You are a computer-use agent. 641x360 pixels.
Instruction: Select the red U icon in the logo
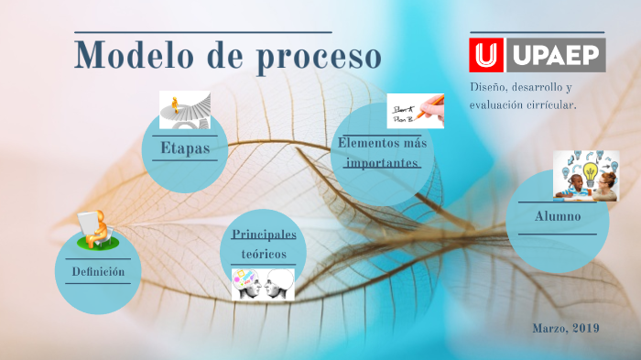pos(485,55)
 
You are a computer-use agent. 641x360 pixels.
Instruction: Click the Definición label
pos(98,272)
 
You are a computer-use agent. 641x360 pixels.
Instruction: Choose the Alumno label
pos(558,216)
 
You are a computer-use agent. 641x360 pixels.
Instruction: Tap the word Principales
pos(265,235)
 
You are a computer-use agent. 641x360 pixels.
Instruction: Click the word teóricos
pos(264,254)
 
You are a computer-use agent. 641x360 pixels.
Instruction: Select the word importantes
pos(382,162)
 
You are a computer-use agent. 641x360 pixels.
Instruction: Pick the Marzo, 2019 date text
pos(565,328)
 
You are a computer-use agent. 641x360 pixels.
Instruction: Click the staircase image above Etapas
pos(185,110)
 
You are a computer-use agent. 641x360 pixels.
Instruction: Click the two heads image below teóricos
pos(262,283)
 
